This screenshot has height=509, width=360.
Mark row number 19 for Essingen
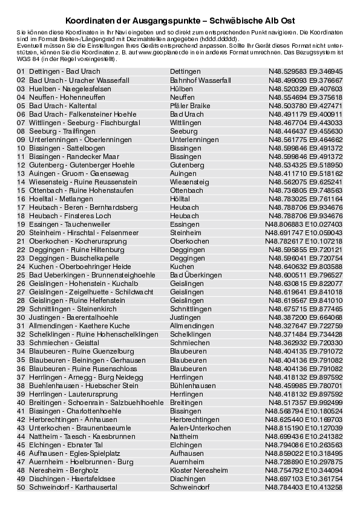(x=21, y=224)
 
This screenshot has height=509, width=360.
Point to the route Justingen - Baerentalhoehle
(x=71, y=317)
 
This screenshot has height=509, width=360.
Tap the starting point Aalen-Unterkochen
(x=199, y=427)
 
